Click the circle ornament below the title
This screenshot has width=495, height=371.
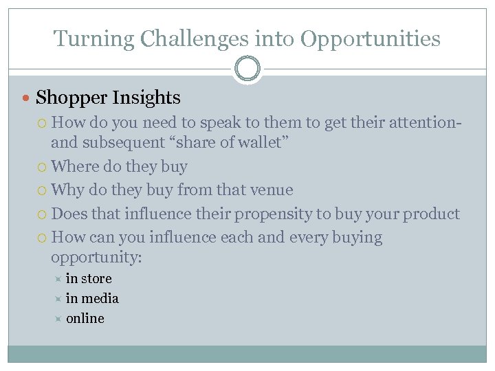coord(247,69)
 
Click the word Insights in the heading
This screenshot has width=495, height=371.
coord(148,98)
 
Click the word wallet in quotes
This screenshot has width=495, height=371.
coord(262,142)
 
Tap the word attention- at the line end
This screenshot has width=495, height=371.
coord(425,123)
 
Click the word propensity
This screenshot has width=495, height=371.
coord(273,214)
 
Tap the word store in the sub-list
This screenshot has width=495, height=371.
coord(96,279)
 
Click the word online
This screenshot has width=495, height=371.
coord(85,319)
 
